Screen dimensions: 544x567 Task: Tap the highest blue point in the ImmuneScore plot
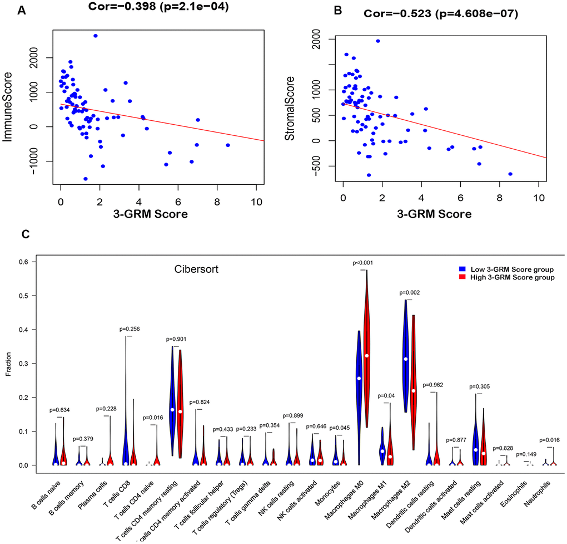[96, 36]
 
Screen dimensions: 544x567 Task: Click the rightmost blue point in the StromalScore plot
[510, 174]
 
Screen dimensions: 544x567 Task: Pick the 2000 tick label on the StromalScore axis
[320, 40]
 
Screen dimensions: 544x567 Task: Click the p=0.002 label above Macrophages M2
[409, 292]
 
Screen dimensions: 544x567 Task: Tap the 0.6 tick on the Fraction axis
[24, 262]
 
